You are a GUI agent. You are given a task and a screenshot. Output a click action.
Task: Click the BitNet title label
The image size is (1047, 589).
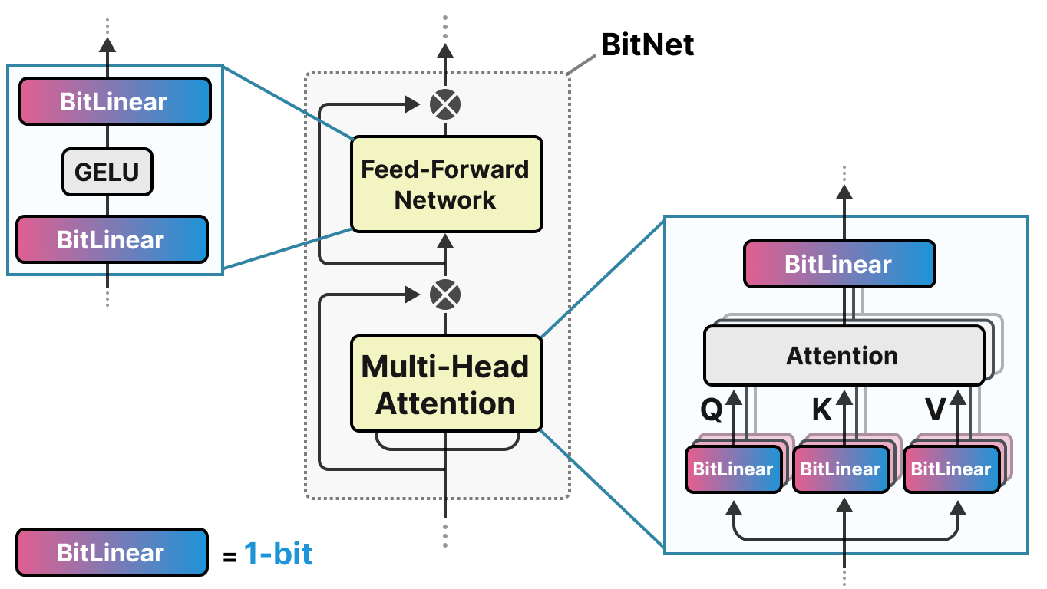pyautogui.click(x=647, y=45)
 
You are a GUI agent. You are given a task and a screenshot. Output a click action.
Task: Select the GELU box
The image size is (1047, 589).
pyautogui.click(x=107, y=171)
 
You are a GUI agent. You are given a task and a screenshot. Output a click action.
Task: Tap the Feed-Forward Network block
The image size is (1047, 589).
pyautogui.click(x=446, y=184)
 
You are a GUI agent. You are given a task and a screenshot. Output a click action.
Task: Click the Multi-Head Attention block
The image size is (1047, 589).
pyautogui.click(x=446, y=383)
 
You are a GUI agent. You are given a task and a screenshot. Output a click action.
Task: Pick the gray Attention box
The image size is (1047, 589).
pyautogui.click(x=843, y=356)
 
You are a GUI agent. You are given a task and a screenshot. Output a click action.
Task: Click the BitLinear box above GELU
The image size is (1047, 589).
pyautogui.click(x=114, y=101)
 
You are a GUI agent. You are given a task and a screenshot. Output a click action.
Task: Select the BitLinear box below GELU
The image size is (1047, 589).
pyautogui.click(x=112, y=239)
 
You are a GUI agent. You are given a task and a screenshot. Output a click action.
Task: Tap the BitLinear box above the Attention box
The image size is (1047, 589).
pyautogui.click(x=839, y=265)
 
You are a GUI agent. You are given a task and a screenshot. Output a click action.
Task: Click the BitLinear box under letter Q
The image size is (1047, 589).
pyautogui.click(x=733, y=469)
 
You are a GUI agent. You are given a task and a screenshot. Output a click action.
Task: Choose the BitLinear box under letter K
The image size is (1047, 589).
pyautogui.click(x=841, y=469)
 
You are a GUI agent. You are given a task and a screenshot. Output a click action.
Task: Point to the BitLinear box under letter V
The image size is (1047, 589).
pyautogui.click(x=952, y=469)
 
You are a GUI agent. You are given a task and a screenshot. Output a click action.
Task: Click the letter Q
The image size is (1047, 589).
pyautogui.click(x=712, y=411)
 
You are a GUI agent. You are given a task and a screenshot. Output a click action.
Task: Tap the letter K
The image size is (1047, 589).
pyautogui.click(x=822, y=411)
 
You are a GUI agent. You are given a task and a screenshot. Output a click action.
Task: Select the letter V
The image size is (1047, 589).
pyautogui.click(x=935, y=411)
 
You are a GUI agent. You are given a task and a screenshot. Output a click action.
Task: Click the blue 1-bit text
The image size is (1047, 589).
pyautogui.click(x=278, y=553)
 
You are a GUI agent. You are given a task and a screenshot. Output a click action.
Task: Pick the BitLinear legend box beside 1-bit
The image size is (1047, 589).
pyautogui.click(x=111, y=552)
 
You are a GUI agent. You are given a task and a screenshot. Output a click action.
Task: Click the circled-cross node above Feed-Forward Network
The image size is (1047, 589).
pyautogui.click(x=444, y=104)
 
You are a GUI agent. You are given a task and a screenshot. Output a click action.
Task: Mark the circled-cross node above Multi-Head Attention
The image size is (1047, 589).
pyautogui.click(x=444, y=294)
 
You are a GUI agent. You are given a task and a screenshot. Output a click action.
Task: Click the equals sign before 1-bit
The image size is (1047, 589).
pyautogui.click(x=229, y=556)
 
